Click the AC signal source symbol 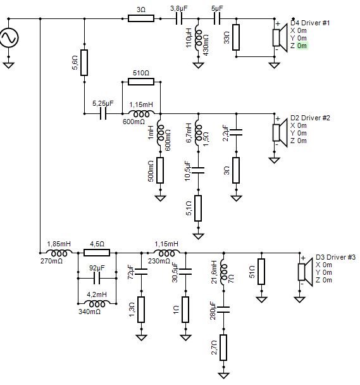click(9, 38)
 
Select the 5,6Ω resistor click(84, 63)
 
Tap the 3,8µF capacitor click(179, 18)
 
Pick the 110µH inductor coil click(198, 39)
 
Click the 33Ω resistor click(236, 37)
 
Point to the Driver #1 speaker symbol click(280, 38)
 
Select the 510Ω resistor click(141, 82)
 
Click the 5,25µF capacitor click(103, 114)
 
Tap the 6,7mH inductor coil click(198, 134)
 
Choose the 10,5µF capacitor click(198, 170)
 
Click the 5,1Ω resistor click(198, 208)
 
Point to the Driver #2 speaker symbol click(280, 133)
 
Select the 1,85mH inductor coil click(59, 253)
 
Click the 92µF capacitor click(97, 279)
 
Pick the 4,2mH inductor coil click(97, 304)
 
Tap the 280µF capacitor click(223, 310)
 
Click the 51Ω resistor click(261, 272)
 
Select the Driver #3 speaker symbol click(305, 272)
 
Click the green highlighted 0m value click(302, 46)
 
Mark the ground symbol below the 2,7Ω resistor click(223, 375)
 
